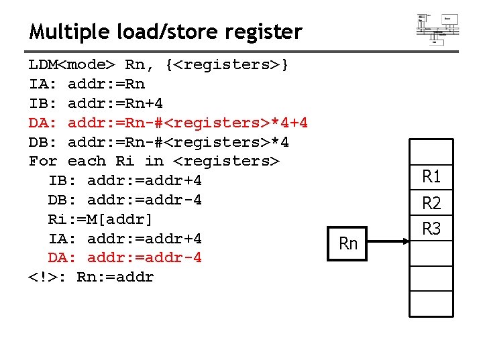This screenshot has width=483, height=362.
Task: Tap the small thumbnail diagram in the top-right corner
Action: tap(437, 27)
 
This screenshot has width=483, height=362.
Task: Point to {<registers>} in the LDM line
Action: tap(227, 65)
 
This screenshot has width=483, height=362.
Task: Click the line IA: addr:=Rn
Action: tap(87, 84)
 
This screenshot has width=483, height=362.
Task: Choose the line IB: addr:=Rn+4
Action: tap(96, 104)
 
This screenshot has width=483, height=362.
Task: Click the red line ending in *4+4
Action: tap(168, 123)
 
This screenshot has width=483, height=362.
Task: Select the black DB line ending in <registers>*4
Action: tap(159, 142)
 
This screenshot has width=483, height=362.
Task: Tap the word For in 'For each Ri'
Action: tap(43, 162)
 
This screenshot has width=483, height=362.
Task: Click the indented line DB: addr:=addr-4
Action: tap(125, 200)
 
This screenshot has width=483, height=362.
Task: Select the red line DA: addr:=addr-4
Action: tap(125, 258)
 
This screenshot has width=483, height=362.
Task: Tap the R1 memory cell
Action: tap(431, 177)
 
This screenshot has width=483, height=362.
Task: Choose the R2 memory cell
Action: tap(431, 203)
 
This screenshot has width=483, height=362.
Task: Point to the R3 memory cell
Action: tap(431, 229)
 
